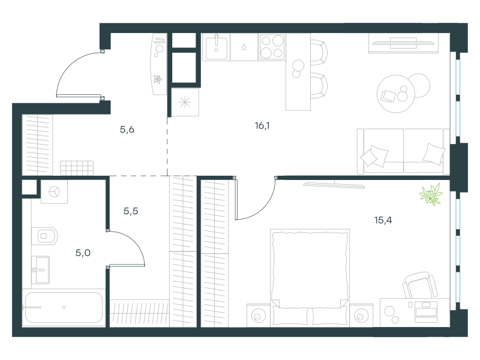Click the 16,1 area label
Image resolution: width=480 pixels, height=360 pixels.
[x=262, y=125]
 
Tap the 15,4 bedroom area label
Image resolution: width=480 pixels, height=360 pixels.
[x=383, y=220]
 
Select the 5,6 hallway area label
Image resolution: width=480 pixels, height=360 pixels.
[x=127, y=130]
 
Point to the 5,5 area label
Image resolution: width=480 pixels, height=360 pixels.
[x=131, y=211]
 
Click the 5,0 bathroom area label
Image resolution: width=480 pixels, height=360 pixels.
[x=83, y=253]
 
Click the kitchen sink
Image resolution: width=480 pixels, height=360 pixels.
[x=217, y=47]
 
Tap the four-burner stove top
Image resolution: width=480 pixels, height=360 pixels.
[x=272, y=47]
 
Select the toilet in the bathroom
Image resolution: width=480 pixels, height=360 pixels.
[x=44, y=236]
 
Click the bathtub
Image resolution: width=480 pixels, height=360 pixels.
[x=64, y=307]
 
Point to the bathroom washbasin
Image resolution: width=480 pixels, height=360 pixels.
[x=40, y=270]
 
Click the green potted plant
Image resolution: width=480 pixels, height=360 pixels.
[x=431, y=194]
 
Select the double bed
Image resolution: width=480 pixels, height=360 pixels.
[x=310, y=277]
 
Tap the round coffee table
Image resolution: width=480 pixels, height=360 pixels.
[x=396, y=94]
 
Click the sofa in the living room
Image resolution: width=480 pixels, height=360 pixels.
[x=403, y=151]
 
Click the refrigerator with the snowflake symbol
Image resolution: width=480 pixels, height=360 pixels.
[x=185, y=102]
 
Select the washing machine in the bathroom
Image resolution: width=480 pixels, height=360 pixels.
[x=54, y=191]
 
